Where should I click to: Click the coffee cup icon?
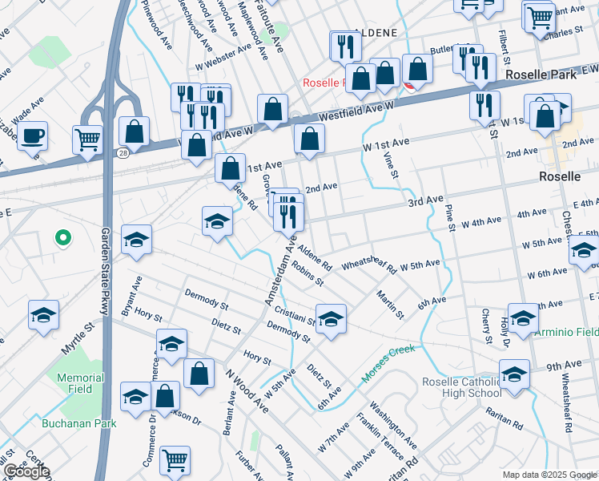[x=32, y=135]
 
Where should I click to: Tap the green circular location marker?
[x=62, y=238]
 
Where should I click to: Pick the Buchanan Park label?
[x=80, y=422]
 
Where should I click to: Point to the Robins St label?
[x=307, y=273]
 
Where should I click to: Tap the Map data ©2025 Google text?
[x=549, y=475]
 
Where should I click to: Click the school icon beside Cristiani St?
[x=331, y=317]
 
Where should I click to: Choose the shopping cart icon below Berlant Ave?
[x=175, y=459]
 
